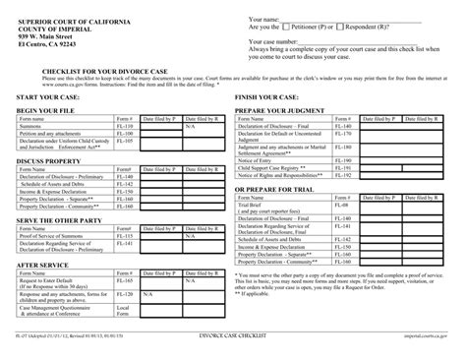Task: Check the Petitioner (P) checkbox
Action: tap(286, 29)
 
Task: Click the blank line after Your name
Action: tap(344, 19)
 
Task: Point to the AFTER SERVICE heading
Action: tap(44, 266)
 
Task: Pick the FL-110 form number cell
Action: tap(123, 127)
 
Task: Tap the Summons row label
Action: tap(32, 127)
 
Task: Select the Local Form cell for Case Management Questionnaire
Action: tap(123, 311)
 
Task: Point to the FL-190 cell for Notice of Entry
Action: tap(342, 160)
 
